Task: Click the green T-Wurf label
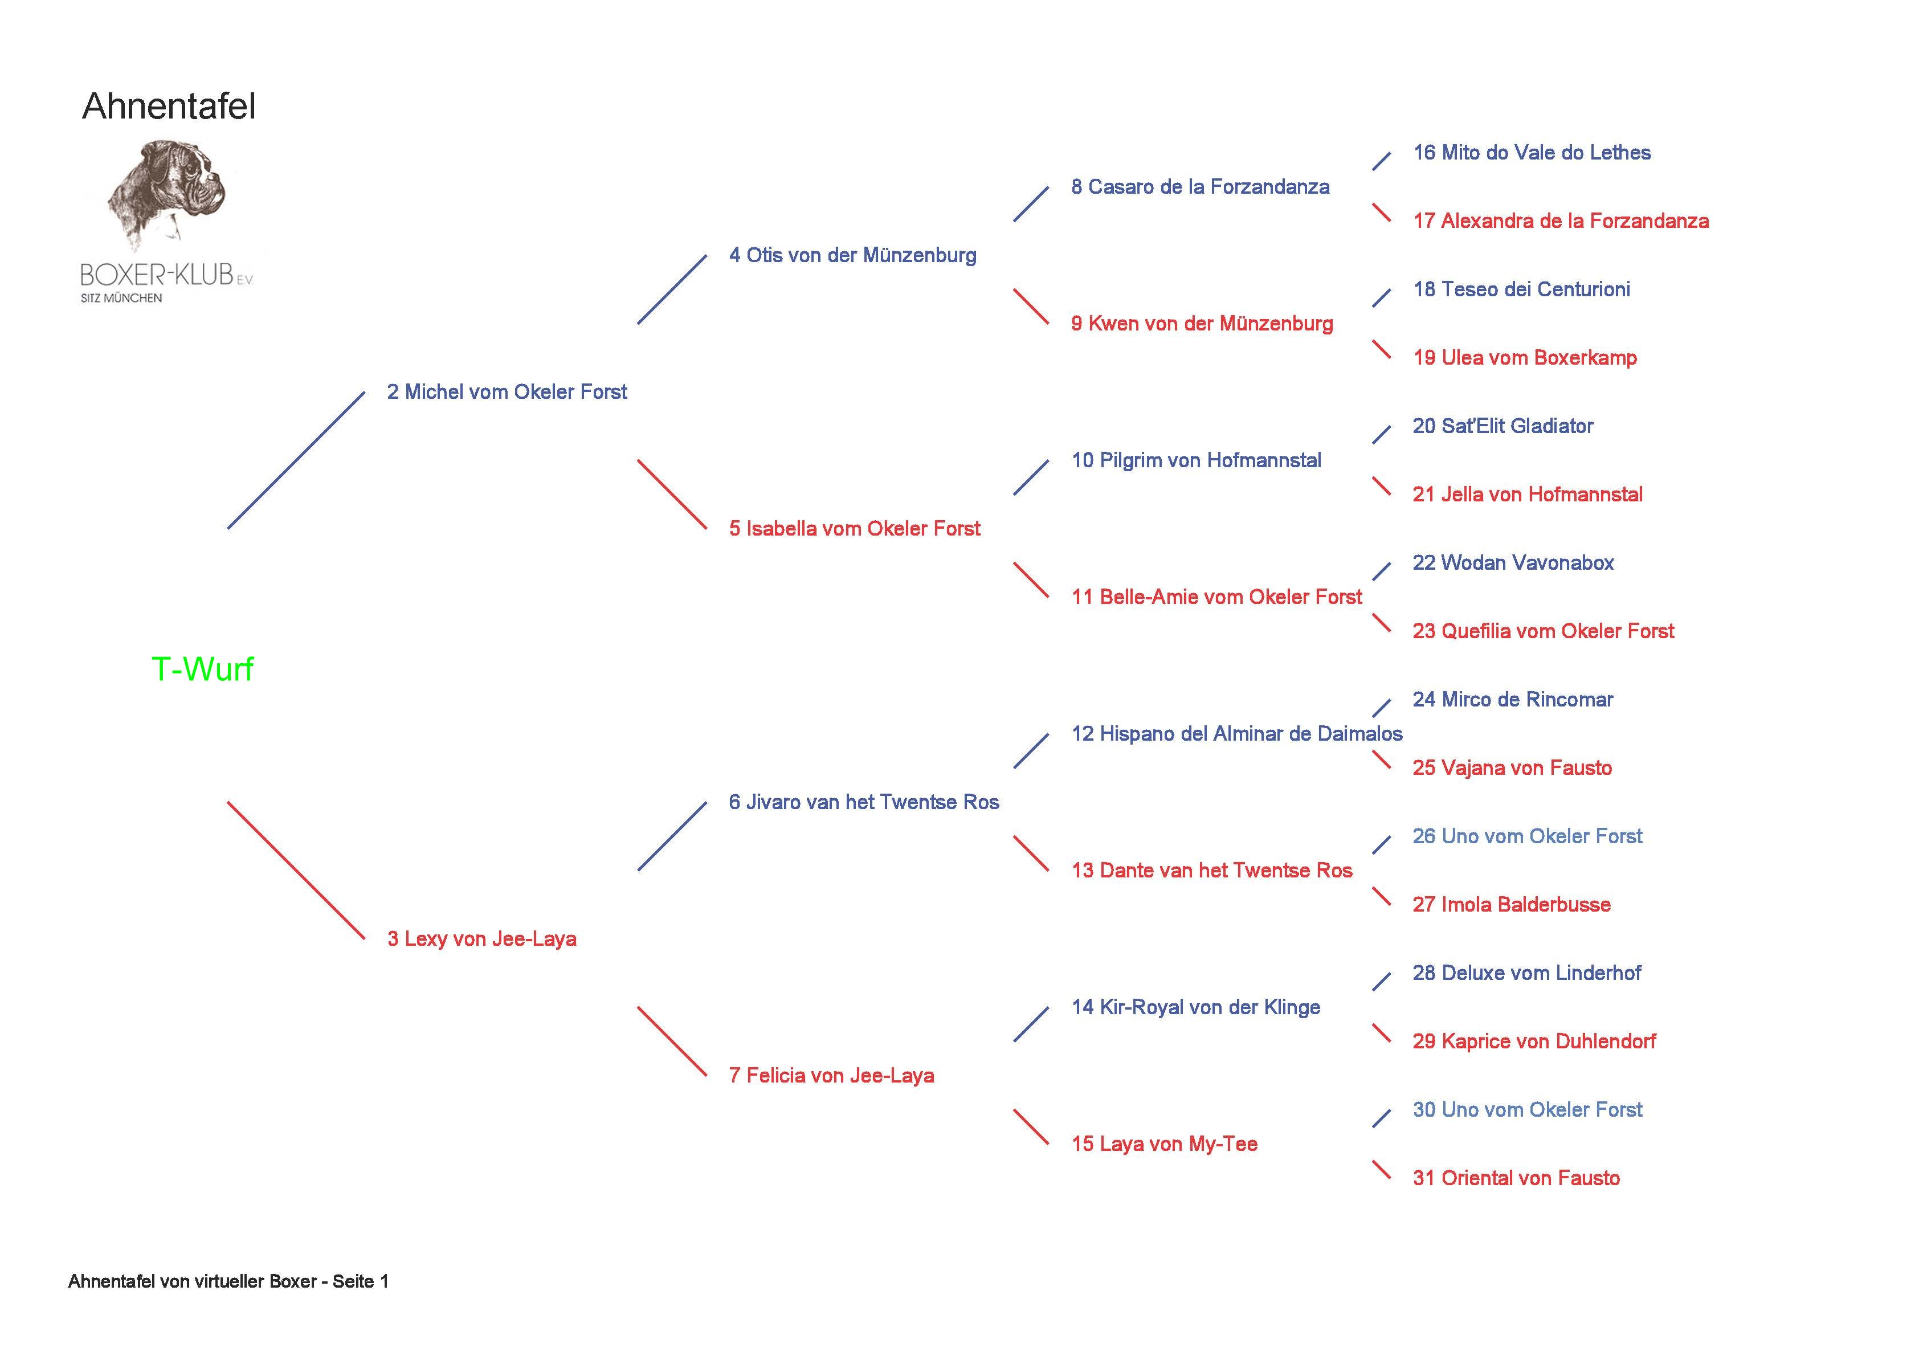(x=202, y=669)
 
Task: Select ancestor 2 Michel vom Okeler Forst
(x=507, y=392)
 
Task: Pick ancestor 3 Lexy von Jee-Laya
(x=481, y=939)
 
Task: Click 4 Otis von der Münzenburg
(x=852, y=255)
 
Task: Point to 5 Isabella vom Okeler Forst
(x=854, y=528)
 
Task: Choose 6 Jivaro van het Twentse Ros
(x=863, y=803)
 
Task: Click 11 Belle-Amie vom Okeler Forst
(x=1216, y=597)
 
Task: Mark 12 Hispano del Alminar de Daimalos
(x=1236, y=734)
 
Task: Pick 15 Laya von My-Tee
(x=1164, y=1145)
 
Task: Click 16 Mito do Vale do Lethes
(x=1531, y=153)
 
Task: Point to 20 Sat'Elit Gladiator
(x=1502, y=426)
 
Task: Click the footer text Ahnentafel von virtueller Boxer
(x=228, y=1281)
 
